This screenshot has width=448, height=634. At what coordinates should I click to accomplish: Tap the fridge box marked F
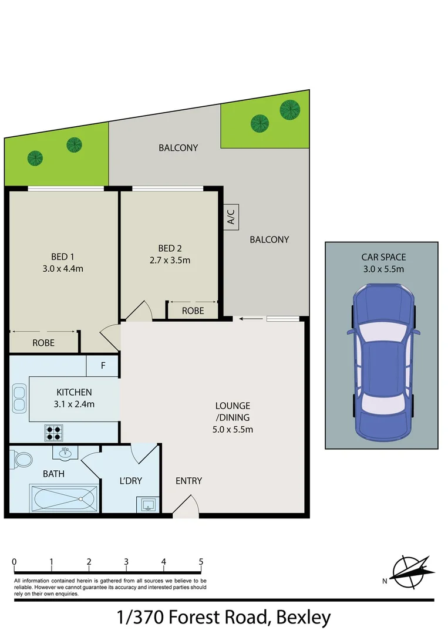pyautogui.click(x=103, y=366)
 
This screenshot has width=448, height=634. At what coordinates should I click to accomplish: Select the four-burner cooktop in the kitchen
pyautogui.click(x=53, y=433)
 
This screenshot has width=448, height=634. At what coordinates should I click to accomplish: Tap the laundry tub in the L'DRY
pyautogui.click(x=146, y=504)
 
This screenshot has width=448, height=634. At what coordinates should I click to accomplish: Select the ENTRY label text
pyautogui.click(x=188, y=481)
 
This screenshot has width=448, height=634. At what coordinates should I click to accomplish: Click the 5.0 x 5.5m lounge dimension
pyautogui.click(x=233, y=429)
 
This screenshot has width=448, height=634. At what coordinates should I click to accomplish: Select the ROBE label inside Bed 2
pyautogui.click(x=193, y=311)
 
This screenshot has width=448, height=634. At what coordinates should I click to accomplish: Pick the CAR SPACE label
pyautogui.click(x=383, y=257)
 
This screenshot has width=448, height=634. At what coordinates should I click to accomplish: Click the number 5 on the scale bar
pyautogui.click(x=201, y=562)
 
